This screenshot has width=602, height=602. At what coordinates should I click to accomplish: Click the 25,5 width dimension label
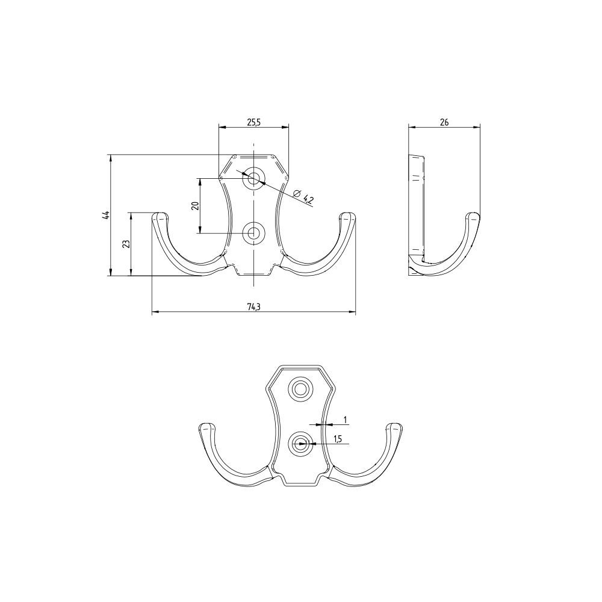(254, 122)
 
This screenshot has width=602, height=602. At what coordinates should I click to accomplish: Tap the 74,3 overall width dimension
(253, 306)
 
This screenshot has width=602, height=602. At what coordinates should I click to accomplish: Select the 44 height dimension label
(105, 215)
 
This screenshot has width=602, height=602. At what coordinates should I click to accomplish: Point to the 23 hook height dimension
(126, 244)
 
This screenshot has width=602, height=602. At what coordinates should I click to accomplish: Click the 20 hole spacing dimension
(196, 205)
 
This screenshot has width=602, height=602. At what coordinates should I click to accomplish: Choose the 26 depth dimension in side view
(444, 122)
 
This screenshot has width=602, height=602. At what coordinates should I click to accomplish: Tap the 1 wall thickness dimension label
(345, 420)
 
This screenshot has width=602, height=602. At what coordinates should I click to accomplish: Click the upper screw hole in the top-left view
(253, 178)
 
